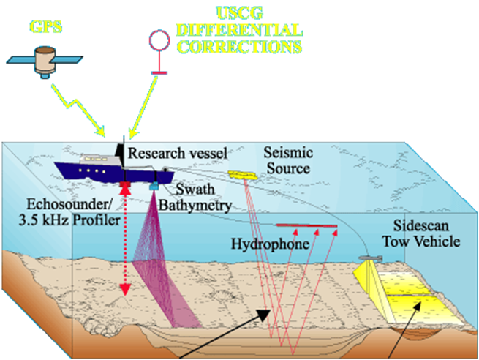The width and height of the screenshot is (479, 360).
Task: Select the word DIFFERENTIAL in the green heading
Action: (238, 31)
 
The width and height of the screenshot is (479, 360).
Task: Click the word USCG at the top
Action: (238, 13)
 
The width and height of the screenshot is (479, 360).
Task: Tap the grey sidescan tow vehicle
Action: (371, 258)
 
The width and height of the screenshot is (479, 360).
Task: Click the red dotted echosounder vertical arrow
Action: (125, 241)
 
